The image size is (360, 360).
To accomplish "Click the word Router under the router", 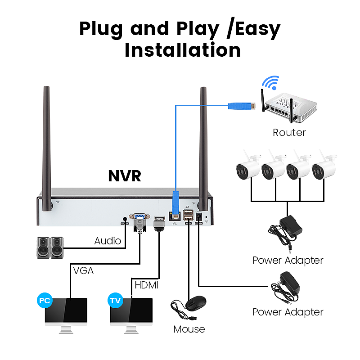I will tap(289, 132).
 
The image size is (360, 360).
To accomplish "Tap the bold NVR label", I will tap(125, 176).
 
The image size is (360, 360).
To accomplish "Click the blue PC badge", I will tap(44, 300).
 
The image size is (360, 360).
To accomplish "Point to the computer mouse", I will tap(196, 305).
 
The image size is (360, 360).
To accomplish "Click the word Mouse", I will tap(189, 329).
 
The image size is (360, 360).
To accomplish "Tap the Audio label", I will tap(108, 241).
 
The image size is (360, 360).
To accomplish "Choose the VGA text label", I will tap(83, 270).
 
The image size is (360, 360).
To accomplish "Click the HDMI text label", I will tap(147, 285).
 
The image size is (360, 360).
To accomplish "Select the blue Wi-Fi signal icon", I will tap(270, 83).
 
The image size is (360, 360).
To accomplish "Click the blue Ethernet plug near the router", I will tap(239, 107).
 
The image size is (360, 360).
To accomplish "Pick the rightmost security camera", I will tap(323, 167).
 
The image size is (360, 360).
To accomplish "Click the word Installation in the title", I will tap(182, 49).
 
